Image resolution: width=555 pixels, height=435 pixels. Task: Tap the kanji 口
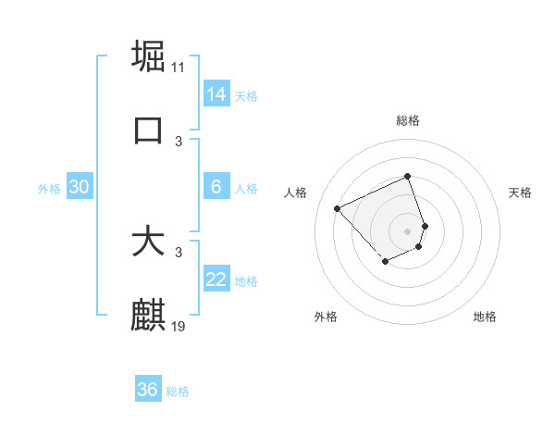click(x=148, y=130)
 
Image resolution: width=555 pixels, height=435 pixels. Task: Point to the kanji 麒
click(x=148, y=316)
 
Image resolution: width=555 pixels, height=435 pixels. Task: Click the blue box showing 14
click(x=216, y=93)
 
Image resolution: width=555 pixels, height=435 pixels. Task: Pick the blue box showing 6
click(x=216, y=187)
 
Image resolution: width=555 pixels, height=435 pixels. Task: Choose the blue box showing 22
click(x=216, y=280)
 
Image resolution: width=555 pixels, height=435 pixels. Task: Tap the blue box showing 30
click(x=80, y=187)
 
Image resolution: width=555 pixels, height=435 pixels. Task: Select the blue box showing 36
click(x=148, y=390)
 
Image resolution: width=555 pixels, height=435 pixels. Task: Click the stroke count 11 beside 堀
click(x=179, y=68)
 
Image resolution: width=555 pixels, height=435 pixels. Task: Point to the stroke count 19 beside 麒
click(x=179, y=327)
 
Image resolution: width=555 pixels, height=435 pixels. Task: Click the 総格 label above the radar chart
click(x=408, y=121)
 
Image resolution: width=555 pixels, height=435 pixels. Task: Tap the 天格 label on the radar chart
click(x=520, y=193)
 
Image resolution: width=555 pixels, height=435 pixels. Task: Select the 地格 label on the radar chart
click(x=485, y=317)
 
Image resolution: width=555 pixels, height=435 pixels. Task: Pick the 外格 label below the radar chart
click(x=326, y=317)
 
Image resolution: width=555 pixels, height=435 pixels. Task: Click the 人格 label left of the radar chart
click(x=296, y=193)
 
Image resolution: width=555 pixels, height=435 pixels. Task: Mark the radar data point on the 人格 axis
click(x=339, y=208)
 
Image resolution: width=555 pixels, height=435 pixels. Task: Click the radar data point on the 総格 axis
click(x=408, y=177)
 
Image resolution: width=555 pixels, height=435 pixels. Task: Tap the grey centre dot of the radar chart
click(x=408, y=230)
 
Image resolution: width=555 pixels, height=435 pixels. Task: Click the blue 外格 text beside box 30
click(x=49, y=189)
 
